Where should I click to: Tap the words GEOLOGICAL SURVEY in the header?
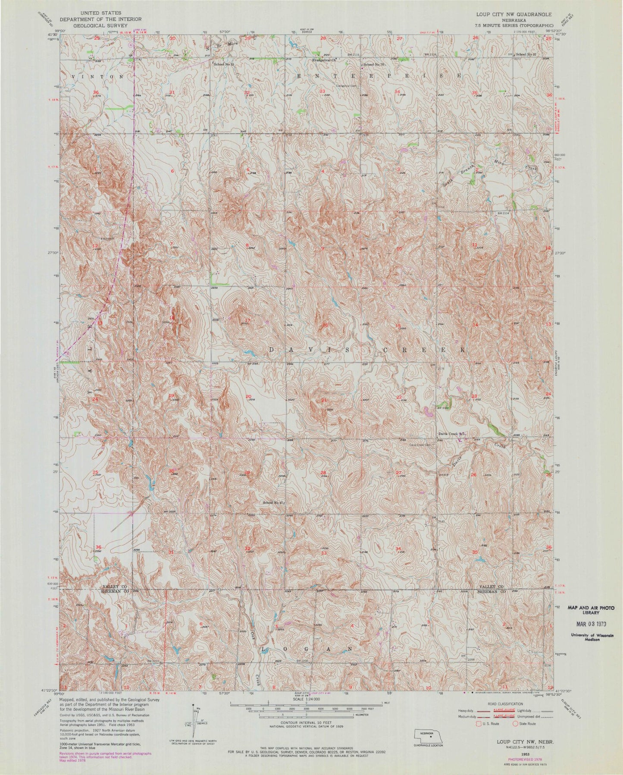tap(91, 25)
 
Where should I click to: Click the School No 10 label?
tap(373, 64)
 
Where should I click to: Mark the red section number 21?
tap(323, 401)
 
